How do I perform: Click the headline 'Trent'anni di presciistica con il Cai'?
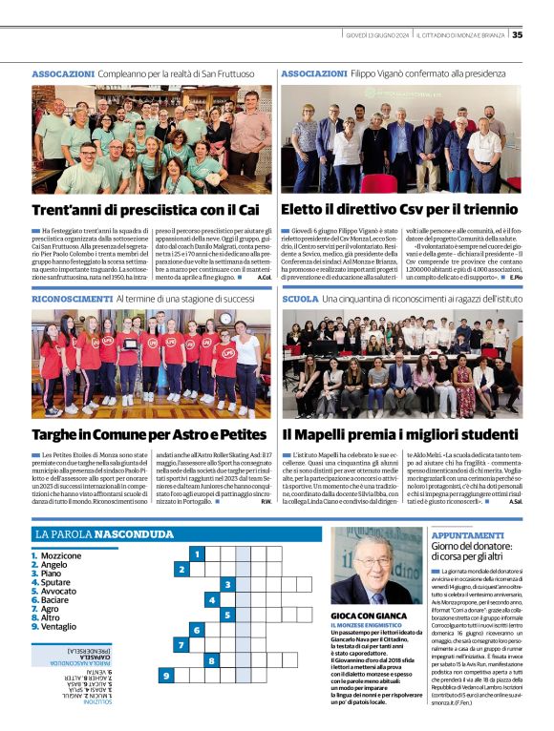coord(145,209)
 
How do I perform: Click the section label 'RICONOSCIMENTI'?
coord(71,299)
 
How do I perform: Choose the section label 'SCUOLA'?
coord(300,299)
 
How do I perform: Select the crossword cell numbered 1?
coord(197,553)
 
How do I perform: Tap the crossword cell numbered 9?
coord(166,677)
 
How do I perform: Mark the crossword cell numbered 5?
coord(227,616)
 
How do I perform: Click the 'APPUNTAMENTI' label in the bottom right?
coord(468,535)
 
